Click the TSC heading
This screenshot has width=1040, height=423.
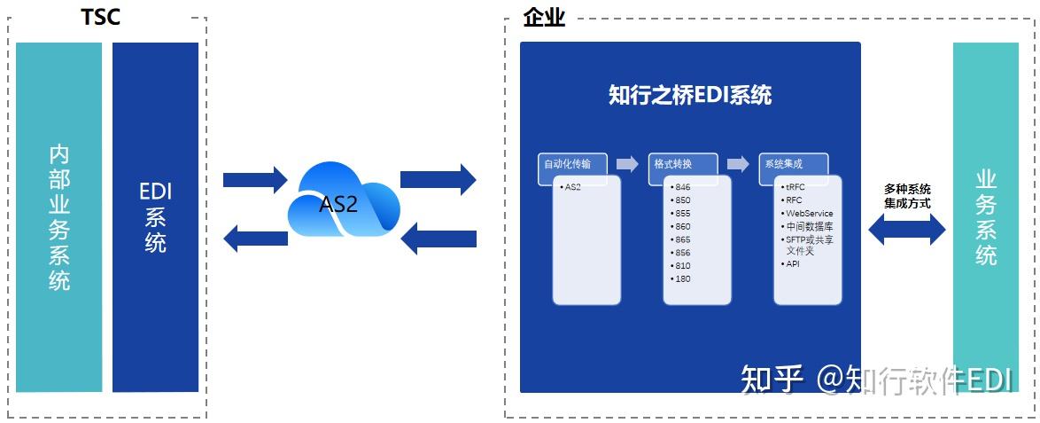pos(100,17)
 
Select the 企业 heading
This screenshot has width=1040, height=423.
pos(544,17)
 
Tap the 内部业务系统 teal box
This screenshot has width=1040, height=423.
pos(59,217)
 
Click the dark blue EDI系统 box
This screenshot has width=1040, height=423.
pos(155,217)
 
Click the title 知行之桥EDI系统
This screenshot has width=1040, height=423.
pos(690,95)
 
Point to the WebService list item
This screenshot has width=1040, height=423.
pos(808,214)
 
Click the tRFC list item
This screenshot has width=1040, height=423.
pos(795,187)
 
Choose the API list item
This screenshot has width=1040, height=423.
pos(792,263)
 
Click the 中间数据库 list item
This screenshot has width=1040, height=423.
pos(808,227)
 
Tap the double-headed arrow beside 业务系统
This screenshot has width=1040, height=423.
pos(907,230)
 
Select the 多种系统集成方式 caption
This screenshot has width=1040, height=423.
pos(907,196)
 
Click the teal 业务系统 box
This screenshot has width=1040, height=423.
pos(986,217)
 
